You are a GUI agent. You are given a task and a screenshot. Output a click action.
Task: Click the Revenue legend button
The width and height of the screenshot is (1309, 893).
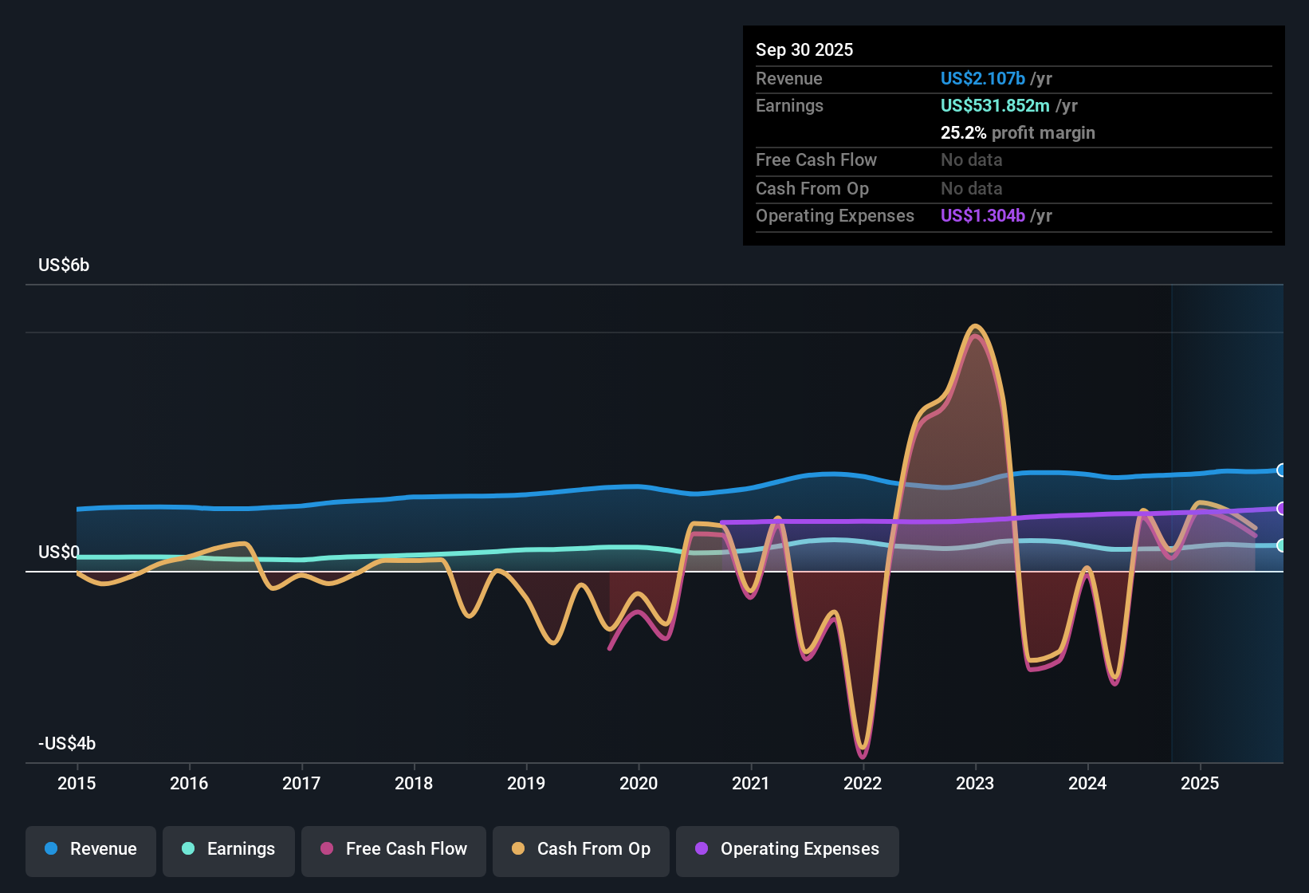point(91,849)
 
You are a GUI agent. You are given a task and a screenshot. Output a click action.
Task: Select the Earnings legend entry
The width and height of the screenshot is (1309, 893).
point(229,849)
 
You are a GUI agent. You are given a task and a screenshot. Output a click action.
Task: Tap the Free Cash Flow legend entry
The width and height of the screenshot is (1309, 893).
point(394,849)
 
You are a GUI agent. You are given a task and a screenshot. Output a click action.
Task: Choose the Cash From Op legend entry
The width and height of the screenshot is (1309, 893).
point(581,849)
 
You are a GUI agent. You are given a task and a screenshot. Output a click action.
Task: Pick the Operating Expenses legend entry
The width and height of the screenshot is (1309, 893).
point(788,849)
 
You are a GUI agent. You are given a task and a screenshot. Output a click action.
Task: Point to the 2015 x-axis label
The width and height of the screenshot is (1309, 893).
point(77,783)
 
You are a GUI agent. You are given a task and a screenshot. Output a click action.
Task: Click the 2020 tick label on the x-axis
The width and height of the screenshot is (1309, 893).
point(639,783)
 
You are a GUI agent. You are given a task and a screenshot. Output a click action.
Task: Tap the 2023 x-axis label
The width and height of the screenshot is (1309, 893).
point(975,783)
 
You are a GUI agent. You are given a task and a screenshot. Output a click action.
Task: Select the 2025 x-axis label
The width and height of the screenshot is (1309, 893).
point(1200,783)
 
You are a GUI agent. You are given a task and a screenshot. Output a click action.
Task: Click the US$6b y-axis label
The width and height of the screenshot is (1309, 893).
point(64,266)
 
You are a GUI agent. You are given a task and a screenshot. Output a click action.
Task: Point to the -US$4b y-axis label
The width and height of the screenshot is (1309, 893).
point(67,744)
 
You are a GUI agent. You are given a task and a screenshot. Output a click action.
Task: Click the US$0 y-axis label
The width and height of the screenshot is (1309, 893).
point(59,553)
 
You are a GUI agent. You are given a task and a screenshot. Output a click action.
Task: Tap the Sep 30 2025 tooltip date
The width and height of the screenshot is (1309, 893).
point(804,50)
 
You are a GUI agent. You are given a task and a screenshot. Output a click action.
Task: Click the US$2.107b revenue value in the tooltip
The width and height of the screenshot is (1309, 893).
point(982,79)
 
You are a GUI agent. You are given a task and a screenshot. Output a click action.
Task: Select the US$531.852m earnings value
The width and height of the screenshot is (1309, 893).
point(995,106)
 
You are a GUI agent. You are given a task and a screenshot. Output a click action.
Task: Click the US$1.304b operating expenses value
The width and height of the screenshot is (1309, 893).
point(982,216)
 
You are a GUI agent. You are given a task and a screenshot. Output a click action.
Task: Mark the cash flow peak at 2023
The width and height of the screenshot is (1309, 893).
point(975,326)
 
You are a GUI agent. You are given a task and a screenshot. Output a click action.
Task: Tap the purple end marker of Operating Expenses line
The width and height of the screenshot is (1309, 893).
point(1281,509)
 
